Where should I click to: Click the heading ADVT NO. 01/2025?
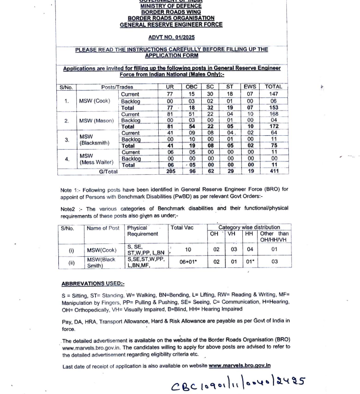[171, 37]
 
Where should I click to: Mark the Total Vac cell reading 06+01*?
[188, 262]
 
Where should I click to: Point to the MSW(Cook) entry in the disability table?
[100, 250]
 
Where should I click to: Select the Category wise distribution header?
[249, 227]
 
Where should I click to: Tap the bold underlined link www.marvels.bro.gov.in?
[239, 366]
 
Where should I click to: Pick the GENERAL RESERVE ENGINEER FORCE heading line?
[171, 25]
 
